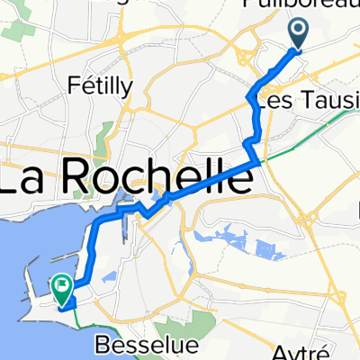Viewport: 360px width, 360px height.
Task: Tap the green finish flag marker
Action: tap(62, 289)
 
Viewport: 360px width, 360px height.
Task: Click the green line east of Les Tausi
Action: tap(346, 112)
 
